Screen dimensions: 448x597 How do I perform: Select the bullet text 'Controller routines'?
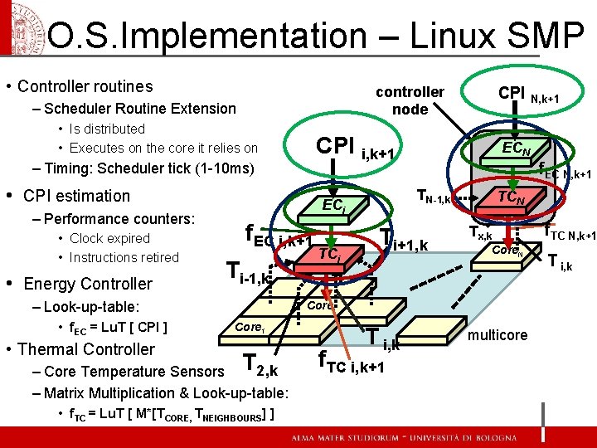point(85,86)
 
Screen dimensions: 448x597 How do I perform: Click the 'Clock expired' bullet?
point(109,238)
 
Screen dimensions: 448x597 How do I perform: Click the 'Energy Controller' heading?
point(88,284)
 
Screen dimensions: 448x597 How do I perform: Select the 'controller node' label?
point(410,100)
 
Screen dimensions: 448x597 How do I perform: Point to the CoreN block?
point(505,251)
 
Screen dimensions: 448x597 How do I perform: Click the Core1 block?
point(250,329)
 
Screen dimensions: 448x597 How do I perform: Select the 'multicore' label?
point(498,335)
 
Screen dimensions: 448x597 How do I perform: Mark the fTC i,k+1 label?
point(351,363)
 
